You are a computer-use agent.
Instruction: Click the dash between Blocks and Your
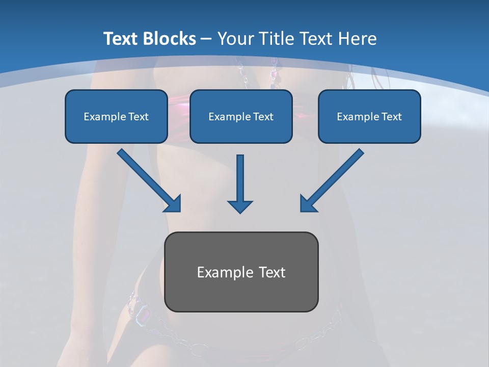click(x=206, y=39)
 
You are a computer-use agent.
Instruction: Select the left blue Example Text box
click(x=116, y=116)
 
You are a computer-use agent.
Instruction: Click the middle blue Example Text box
click(x=241, y=116)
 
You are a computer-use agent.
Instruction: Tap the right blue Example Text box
click(x=369, y=116)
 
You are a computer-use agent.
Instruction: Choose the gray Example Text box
click(x=241, y=272)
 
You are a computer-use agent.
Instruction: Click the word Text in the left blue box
click(x=139, y=117)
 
